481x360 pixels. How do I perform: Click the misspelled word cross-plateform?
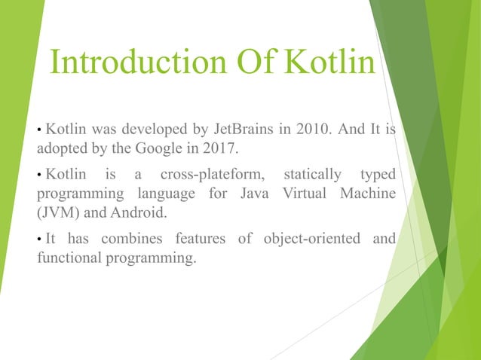click(x=209, y=175)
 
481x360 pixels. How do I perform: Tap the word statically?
click(x=311, y=175)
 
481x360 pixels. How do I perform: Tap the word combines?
click(x=133, y=240)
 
